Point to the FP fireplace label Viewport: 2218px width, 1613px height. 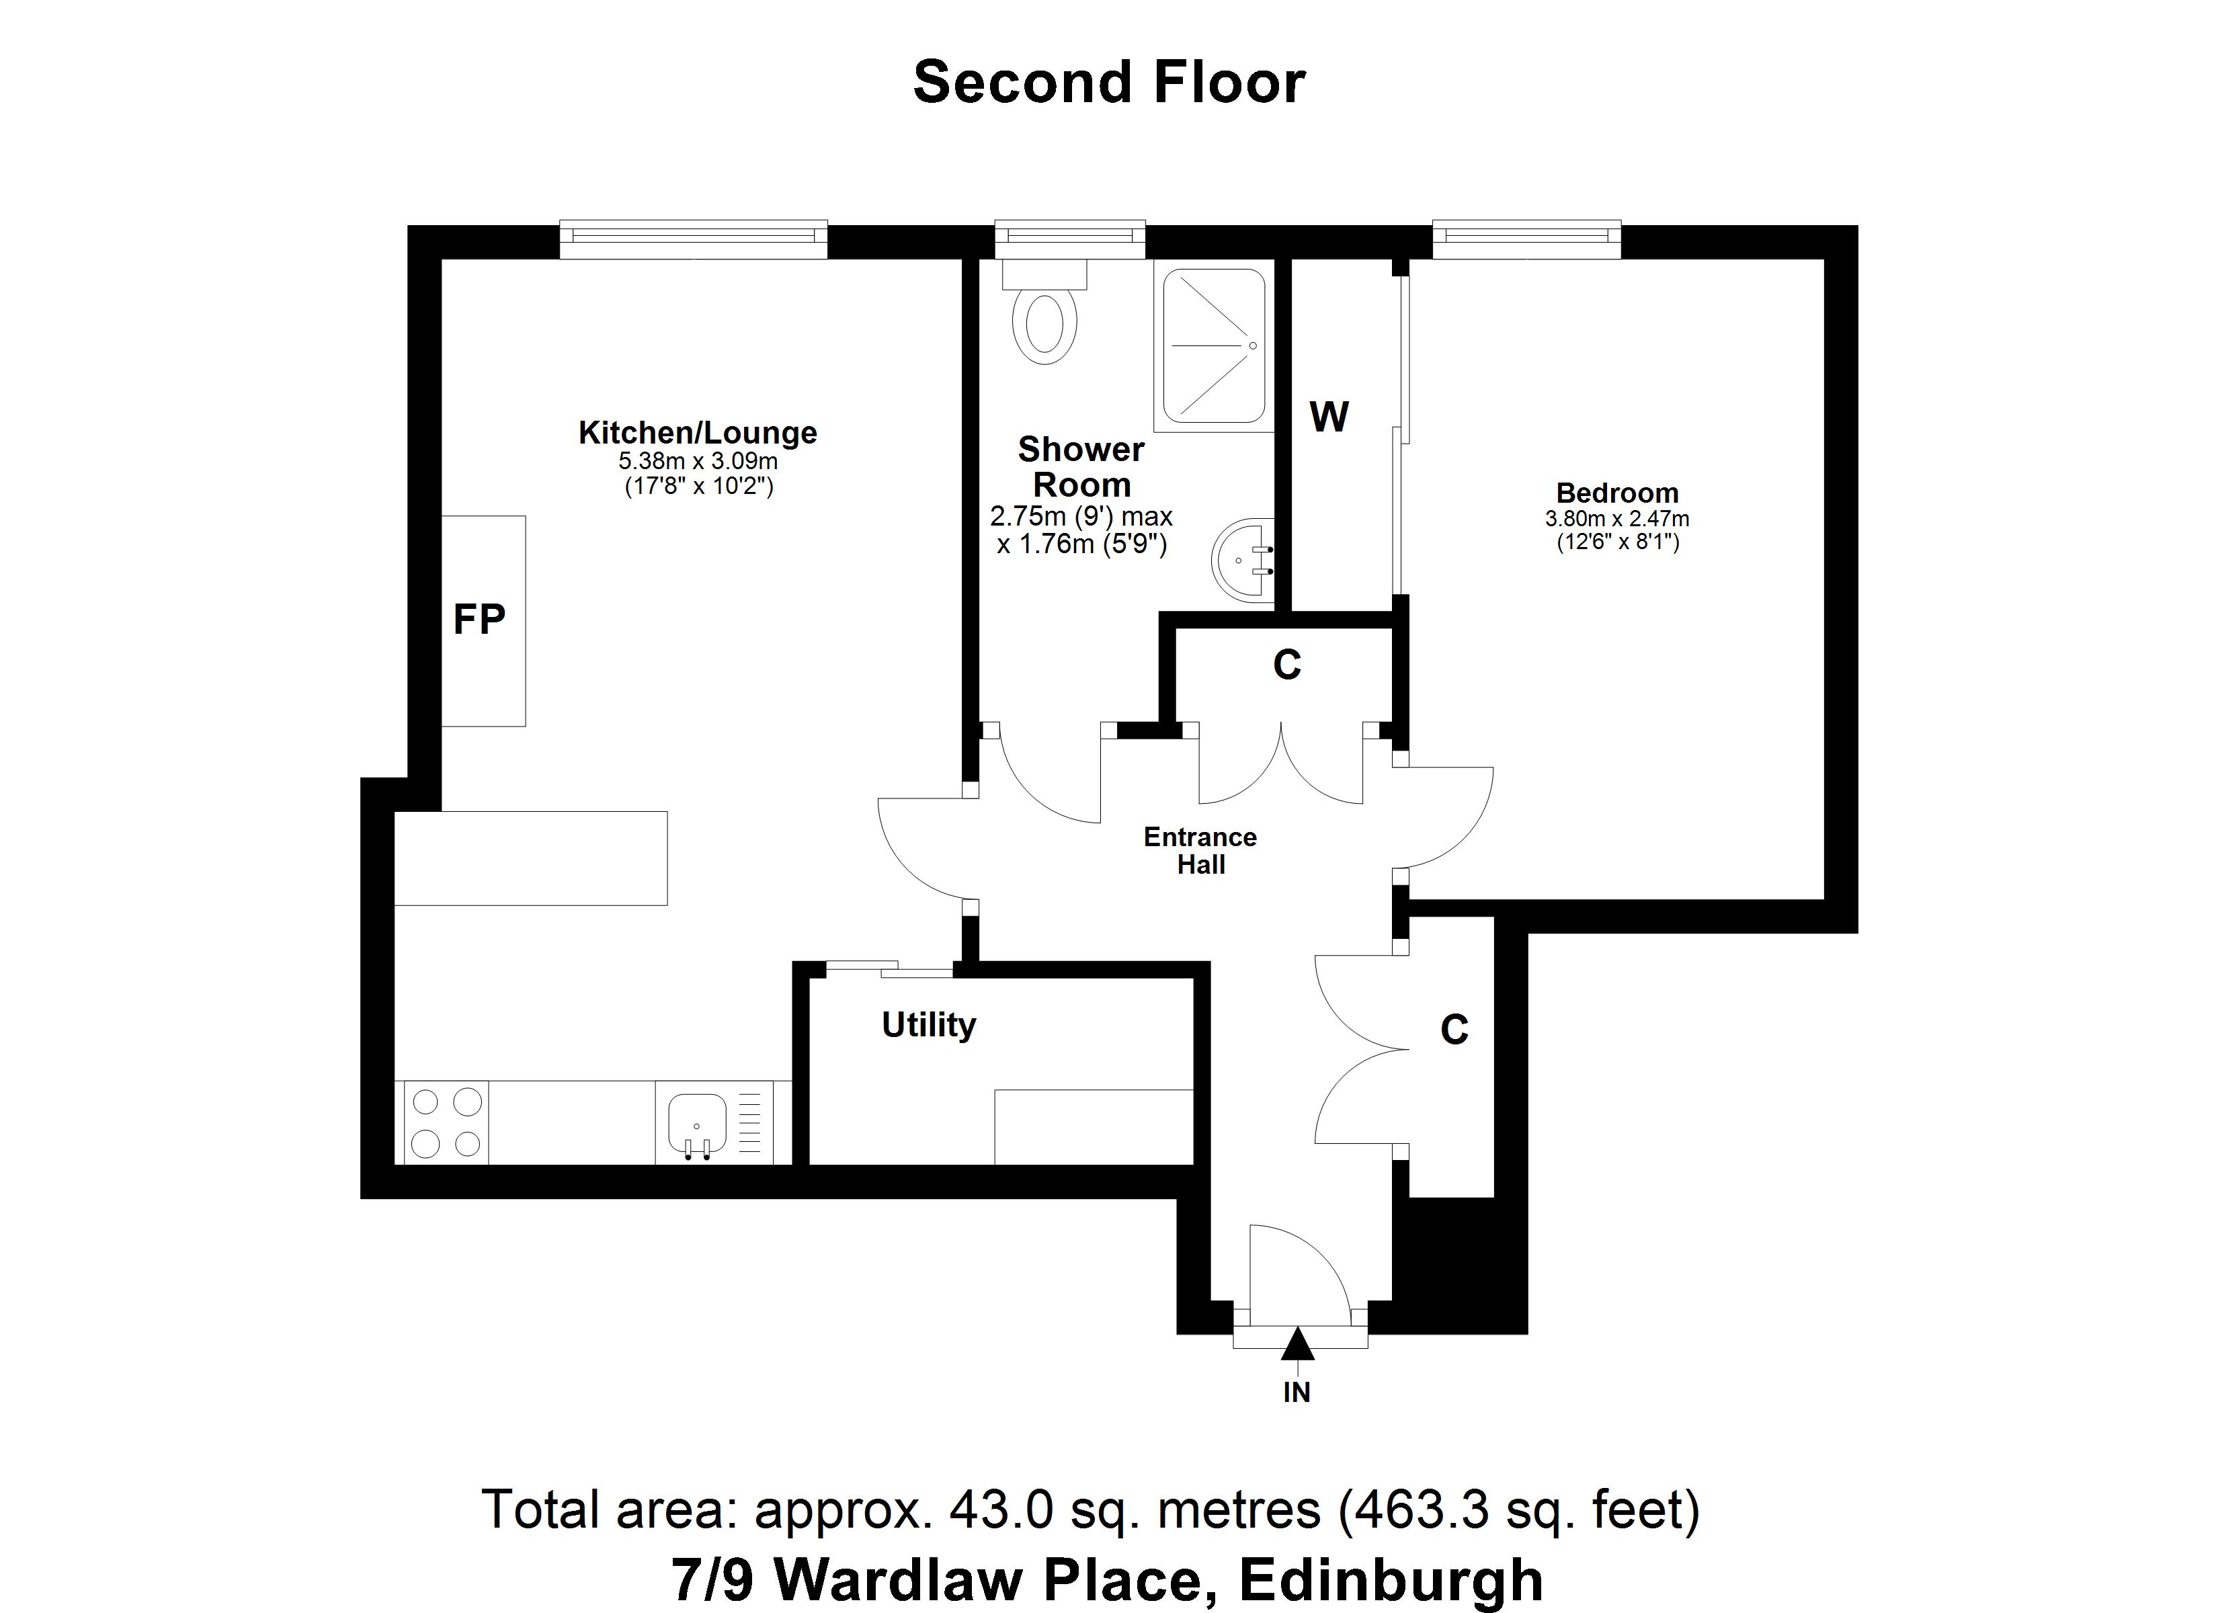click(x=479, y=619)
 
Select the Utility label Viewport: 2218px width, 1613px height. click(x=928, y=1025)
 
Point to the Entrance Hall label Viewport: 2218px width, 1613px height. click(x=1200, y=850)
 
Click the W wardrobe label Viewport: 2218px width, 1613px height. click(x=1329, y=417)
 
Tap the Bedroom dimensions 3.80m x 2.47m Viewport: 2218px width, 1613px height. click(x=1616, y=520)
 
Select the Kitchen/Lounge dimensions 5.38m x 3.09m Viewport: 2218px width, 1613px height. click(x=697, y=461)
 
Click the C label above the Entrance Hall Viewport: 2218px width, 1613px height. click(x=1287, y=665)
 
